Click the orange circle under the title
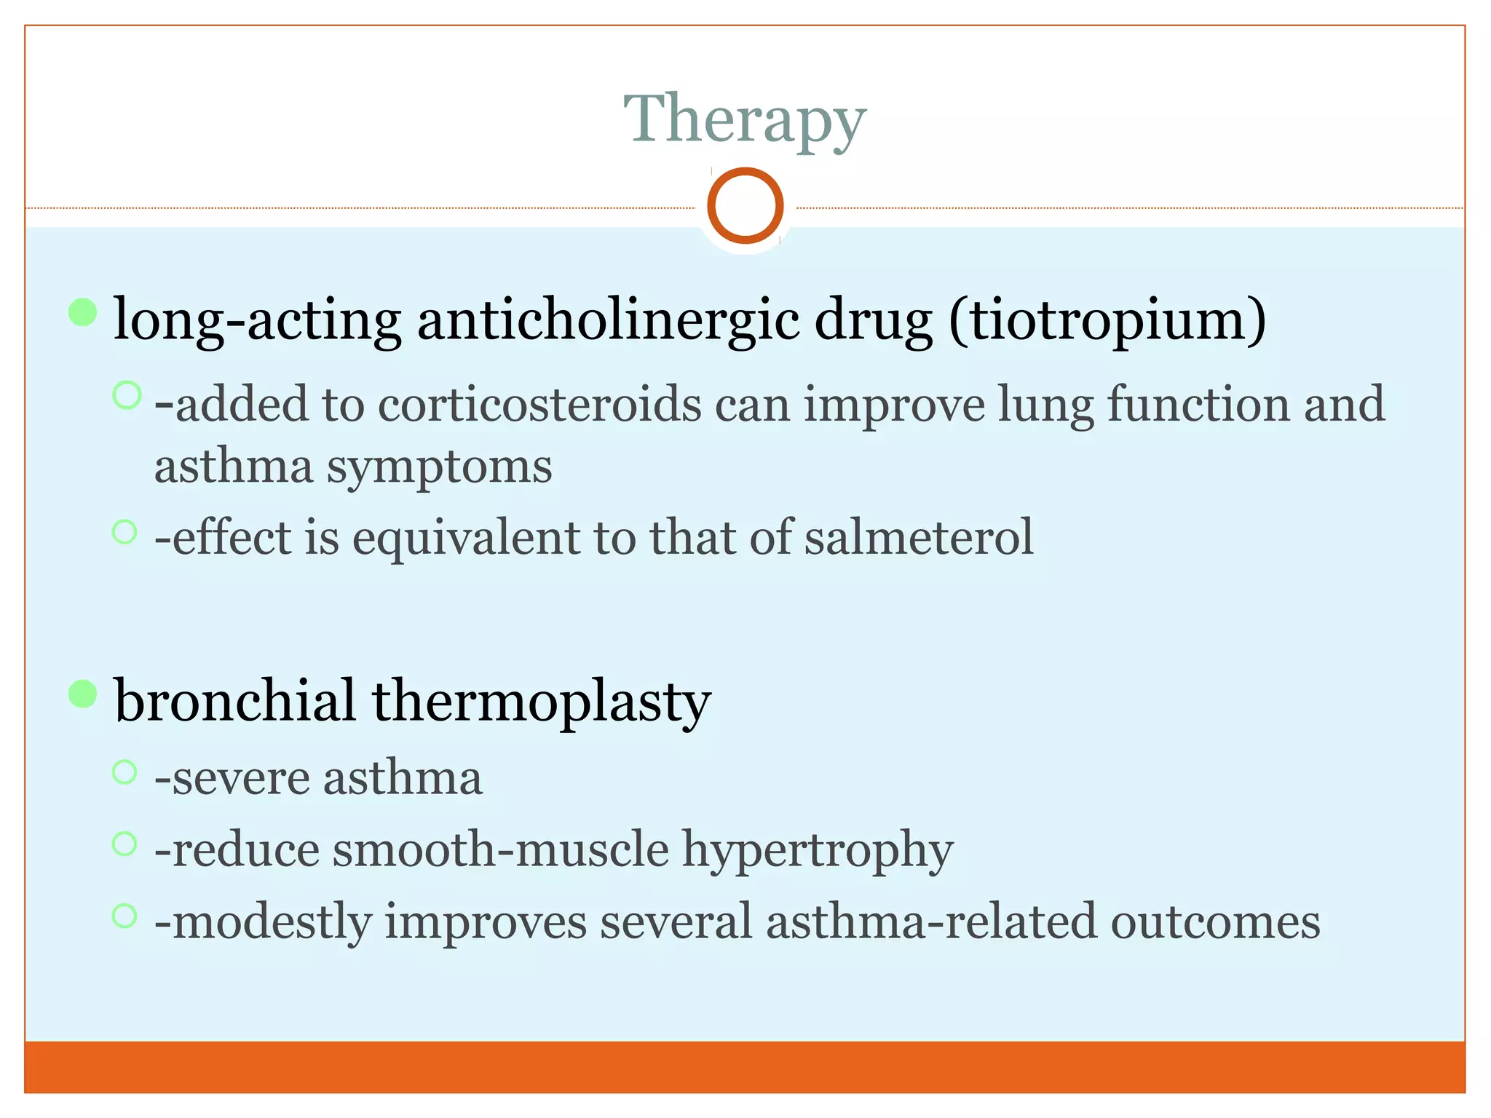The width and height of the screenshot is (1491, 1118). click(745, 205)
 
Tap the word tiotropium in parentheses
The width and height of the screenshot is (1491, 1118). click(1107, 320)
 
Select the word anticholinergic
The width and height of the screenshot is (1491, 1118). click(608, 320)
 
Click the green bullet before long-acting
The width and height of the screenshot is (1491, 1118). click(83, 312)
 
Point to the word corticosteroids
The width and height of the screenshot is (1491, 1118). click(539, 404)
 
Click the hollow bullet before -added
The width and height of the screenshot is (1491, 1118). click(127, 395)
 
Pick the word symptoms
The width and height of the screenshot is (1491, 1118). click(439, 467)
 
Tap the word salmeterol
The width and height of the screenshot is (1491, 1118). click(919, 537)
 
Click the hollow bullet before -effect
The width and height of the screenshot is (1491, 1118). click(125, 531)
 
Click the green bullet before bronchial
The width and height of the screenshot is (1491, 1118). click(83, 694)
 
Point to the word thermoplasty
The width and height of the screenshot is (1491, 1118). click(541, 702)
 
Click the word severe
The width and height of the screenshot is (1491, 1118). click(240, 778)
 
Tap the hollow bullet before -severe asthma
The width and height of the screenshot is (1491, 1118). click(125, 772)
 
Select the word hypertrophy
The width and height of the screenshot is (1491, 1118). click(817, 850)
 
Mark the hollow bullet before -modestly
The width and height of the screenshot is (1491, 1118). click(125, 915)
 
